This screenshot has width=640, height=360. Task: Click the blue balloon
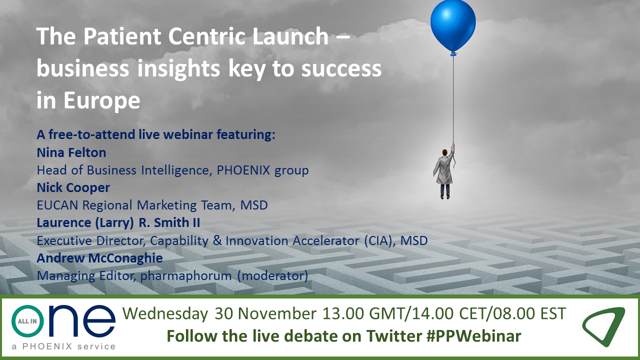pos(453,26)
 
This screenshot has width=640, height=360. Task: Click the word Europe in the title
pos(101,101)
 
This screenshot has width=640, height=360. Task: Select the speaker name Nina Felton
pos(71,152)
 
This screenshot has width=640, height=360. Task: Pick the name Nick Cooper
pos(73,187)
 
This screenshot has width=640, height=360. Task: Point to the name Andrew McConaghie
pos(99,258)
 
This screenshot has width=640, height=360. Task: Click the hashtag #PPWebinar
pos(473,335)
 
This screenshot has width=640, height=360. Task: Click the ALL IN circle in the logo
pos(27,321)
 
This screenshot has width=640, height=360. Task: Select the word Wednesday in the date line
pos(165,313)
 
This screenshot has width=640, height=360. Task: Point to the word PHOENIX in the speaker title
pos(243,170)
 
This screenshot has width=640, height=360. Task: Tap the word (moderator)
pos(273,275)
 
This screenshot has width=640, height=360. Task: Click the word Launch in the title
pos(291,36)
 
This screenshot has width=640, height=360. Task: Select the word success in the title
pos(341,69)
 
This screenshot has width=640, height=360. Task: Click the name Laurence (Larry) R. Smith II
pos(118,222)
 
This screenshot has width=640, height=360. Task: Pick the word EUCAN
pos(57,205)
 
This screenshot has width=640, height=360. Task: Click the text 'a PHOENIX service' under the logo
pos(63,346)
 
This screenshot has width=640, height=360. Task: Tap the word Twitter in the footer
pos(394,335)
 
